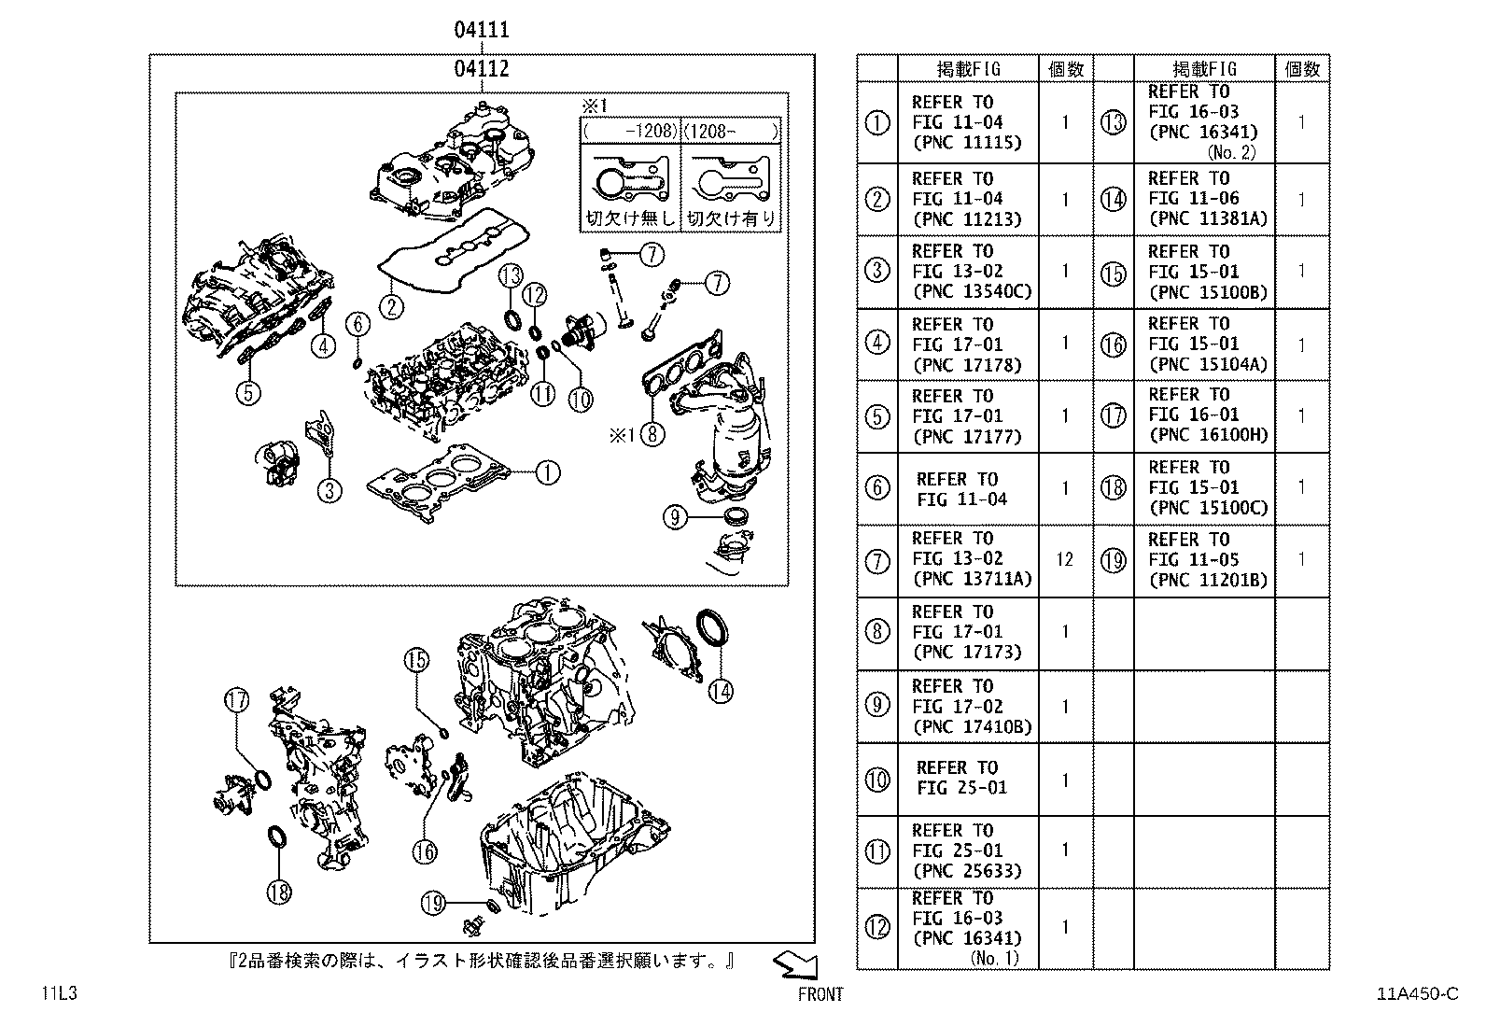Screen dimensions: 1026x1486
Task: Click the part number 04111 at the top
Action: coord(482,29)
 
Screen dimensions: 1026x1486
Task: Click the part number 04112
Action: coord(482,68)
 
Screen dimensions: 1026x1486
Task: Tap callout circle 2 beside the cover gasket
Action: coord(391,305)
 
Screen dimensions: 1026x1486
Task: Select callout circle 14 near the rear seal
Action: coord(720,690)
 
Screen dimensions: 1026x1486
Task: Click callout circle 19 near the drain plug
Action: coord(431,903)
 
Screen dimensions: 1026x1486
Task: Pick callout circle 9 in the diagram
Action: coord(675,515)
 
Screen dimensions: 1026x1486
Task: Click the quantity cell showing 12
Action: coord(1064,559)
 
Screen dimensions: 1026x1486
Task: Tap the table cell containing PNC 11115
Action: coord(967,122)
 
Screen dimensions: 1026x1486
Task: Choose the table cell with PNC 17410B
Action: coord(967,707)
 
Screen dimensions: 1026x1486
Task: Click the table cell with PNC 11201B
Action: coord(1203,559)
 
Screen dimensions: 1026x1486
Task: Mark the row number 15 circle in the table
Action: coord(1113,273)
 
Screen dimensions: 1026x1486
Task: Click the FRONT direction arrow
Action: coord(795,964)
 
